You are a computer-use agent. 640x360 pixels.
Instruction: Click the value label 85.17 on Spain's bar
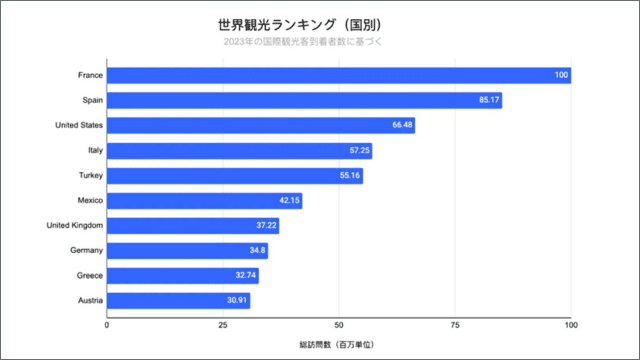pos(490,100)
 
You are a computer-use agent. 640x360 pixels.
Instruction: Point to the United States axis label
pos(77,125)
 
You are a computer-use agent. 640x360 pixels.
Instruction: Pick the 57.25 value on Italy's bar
pos(360,150)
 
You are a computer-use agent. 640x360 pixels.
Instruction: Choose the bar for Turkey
pos(234,175)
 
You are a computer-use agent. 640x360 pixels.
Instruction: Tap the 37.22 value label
pos(266,225)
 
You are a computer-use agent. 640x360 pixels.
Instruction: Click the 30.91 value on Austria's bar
pos(237,300)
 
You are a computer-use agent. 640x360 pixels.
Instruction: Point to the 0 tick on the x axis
pos(107,325)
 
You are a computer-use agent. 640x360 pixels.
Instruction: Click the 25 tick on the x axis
pos(223,325)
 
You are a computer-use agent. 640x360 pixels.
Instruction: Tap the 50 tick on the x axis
pos(339,325)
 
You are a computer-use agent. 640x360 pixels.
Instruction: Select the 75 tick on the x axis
pos(455,325)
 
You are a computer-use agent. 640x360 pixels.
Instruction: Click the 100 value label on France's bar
pos(562,75)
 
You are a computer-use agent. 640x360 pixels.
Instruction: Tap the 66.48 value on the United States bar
pos(403,125)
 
